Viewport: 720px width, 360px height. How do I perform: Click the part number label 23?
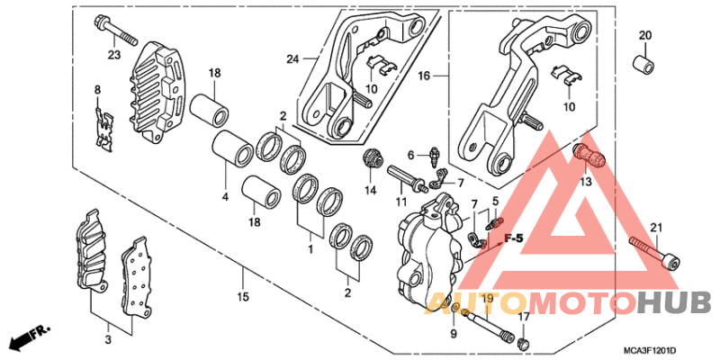113,55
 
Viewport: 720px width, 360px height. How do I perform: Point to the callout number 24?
291,59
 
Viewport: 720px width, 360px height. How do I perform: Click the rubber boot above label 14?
369,161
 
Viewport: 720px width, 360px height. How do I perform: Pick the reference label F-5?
513,238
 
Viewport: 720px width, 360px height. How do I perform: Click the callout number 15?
241,296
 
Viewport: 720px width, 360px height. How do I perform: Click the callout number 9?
454,334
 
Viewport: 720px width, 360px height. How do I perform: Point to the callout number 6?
409,155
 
